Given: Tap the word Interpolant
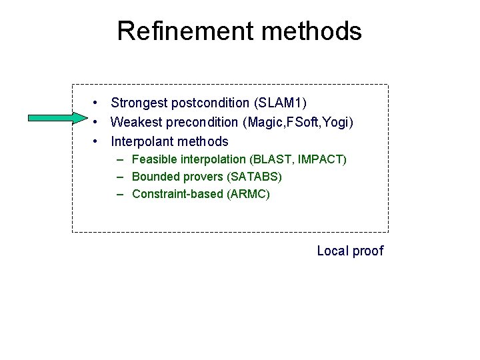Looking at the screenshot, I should (x=141, y=141).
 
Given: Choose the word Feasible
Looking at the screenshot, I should (x=154, y=159).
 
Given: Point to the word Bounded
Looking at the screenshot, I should (x=155, y=177).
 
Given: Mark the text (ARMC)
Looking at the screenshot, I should (x=249, y=194).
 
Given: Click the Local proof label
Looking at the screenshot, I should (x=350, y=251).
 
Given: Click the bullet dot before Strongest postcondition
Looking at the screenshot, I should (x=97, y=103).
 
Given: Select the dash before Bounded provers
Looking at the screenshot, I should (x=120, y=177).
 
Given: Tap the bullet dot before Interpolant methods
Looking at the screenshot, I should (x=97, y=141).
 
